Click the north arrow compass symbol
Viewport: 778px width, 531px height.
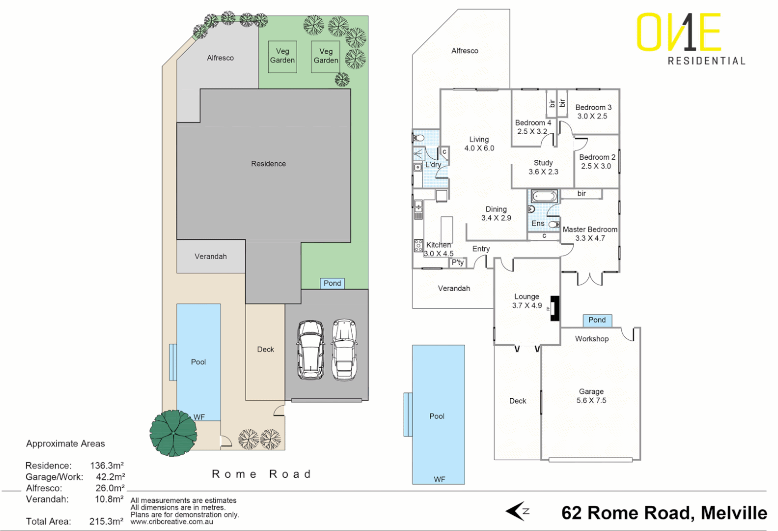click(x=517, y=511)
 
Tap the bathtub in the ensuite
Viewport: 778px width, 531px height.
click(x=544, y=197)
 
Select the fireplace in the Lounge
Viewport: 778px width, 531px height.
click(x=555, y=308)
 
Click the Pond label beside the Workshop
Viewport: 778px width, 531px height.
click(x=597, y=320)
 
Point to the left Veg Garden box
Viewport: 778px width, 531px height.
click(x=282, y=56)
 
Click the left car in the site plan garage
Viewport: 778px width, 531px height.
click(x=310, y=350)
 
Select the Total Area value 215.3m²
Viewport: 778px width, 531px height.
click(x=106, y=521)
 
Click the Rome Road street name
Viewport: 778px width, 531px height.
click(x=261, y=474)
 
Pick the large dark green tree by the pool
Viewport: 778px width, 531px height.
click(x=173, y=433)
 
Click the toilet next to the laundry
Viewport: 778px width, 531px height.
click(x=418, y=138)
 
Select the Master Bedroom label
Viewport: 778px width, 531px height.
click(x=590, y=230)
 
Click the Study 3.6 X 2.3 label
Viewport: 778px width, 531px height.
click(x=543, y=167)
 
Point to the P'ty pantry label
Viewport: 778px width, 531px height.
click(x=458, y=263)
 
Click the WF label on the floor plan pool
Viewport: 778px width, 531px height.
click(x=440, y=479)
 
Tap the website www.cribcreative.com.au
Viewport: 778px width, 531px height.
click(x=171, y=522)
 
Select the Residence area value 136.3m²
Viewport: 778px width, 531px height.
click(x=107, y=465)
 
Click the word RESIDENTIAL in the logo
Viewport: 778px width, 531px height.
click(x=706, y=61)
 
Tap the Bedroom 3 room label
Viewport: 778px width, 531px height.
click(x=593, y=107)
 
